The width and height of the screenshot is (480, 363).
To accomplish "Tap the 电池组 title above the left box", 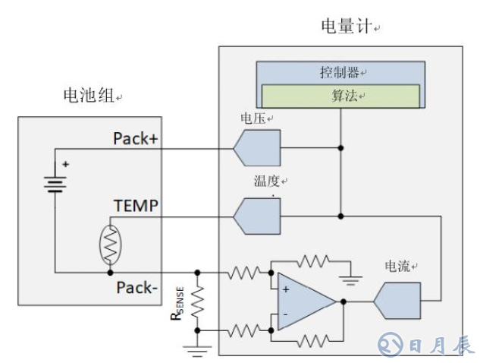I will click(89, 96).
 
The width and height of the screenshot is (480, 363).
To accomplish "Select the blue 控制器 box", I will click(339, 73).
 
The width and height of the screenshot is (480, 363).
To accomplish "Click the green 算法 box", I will click(340, 95).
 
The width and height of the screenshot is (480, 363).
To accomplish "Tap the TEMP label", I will click(136, 206).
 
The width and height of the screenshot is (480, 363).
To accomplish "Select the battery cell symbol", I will click(55, 182).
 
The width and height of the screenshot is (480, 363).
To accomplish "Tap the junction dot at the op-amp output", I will click(344, 301).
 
